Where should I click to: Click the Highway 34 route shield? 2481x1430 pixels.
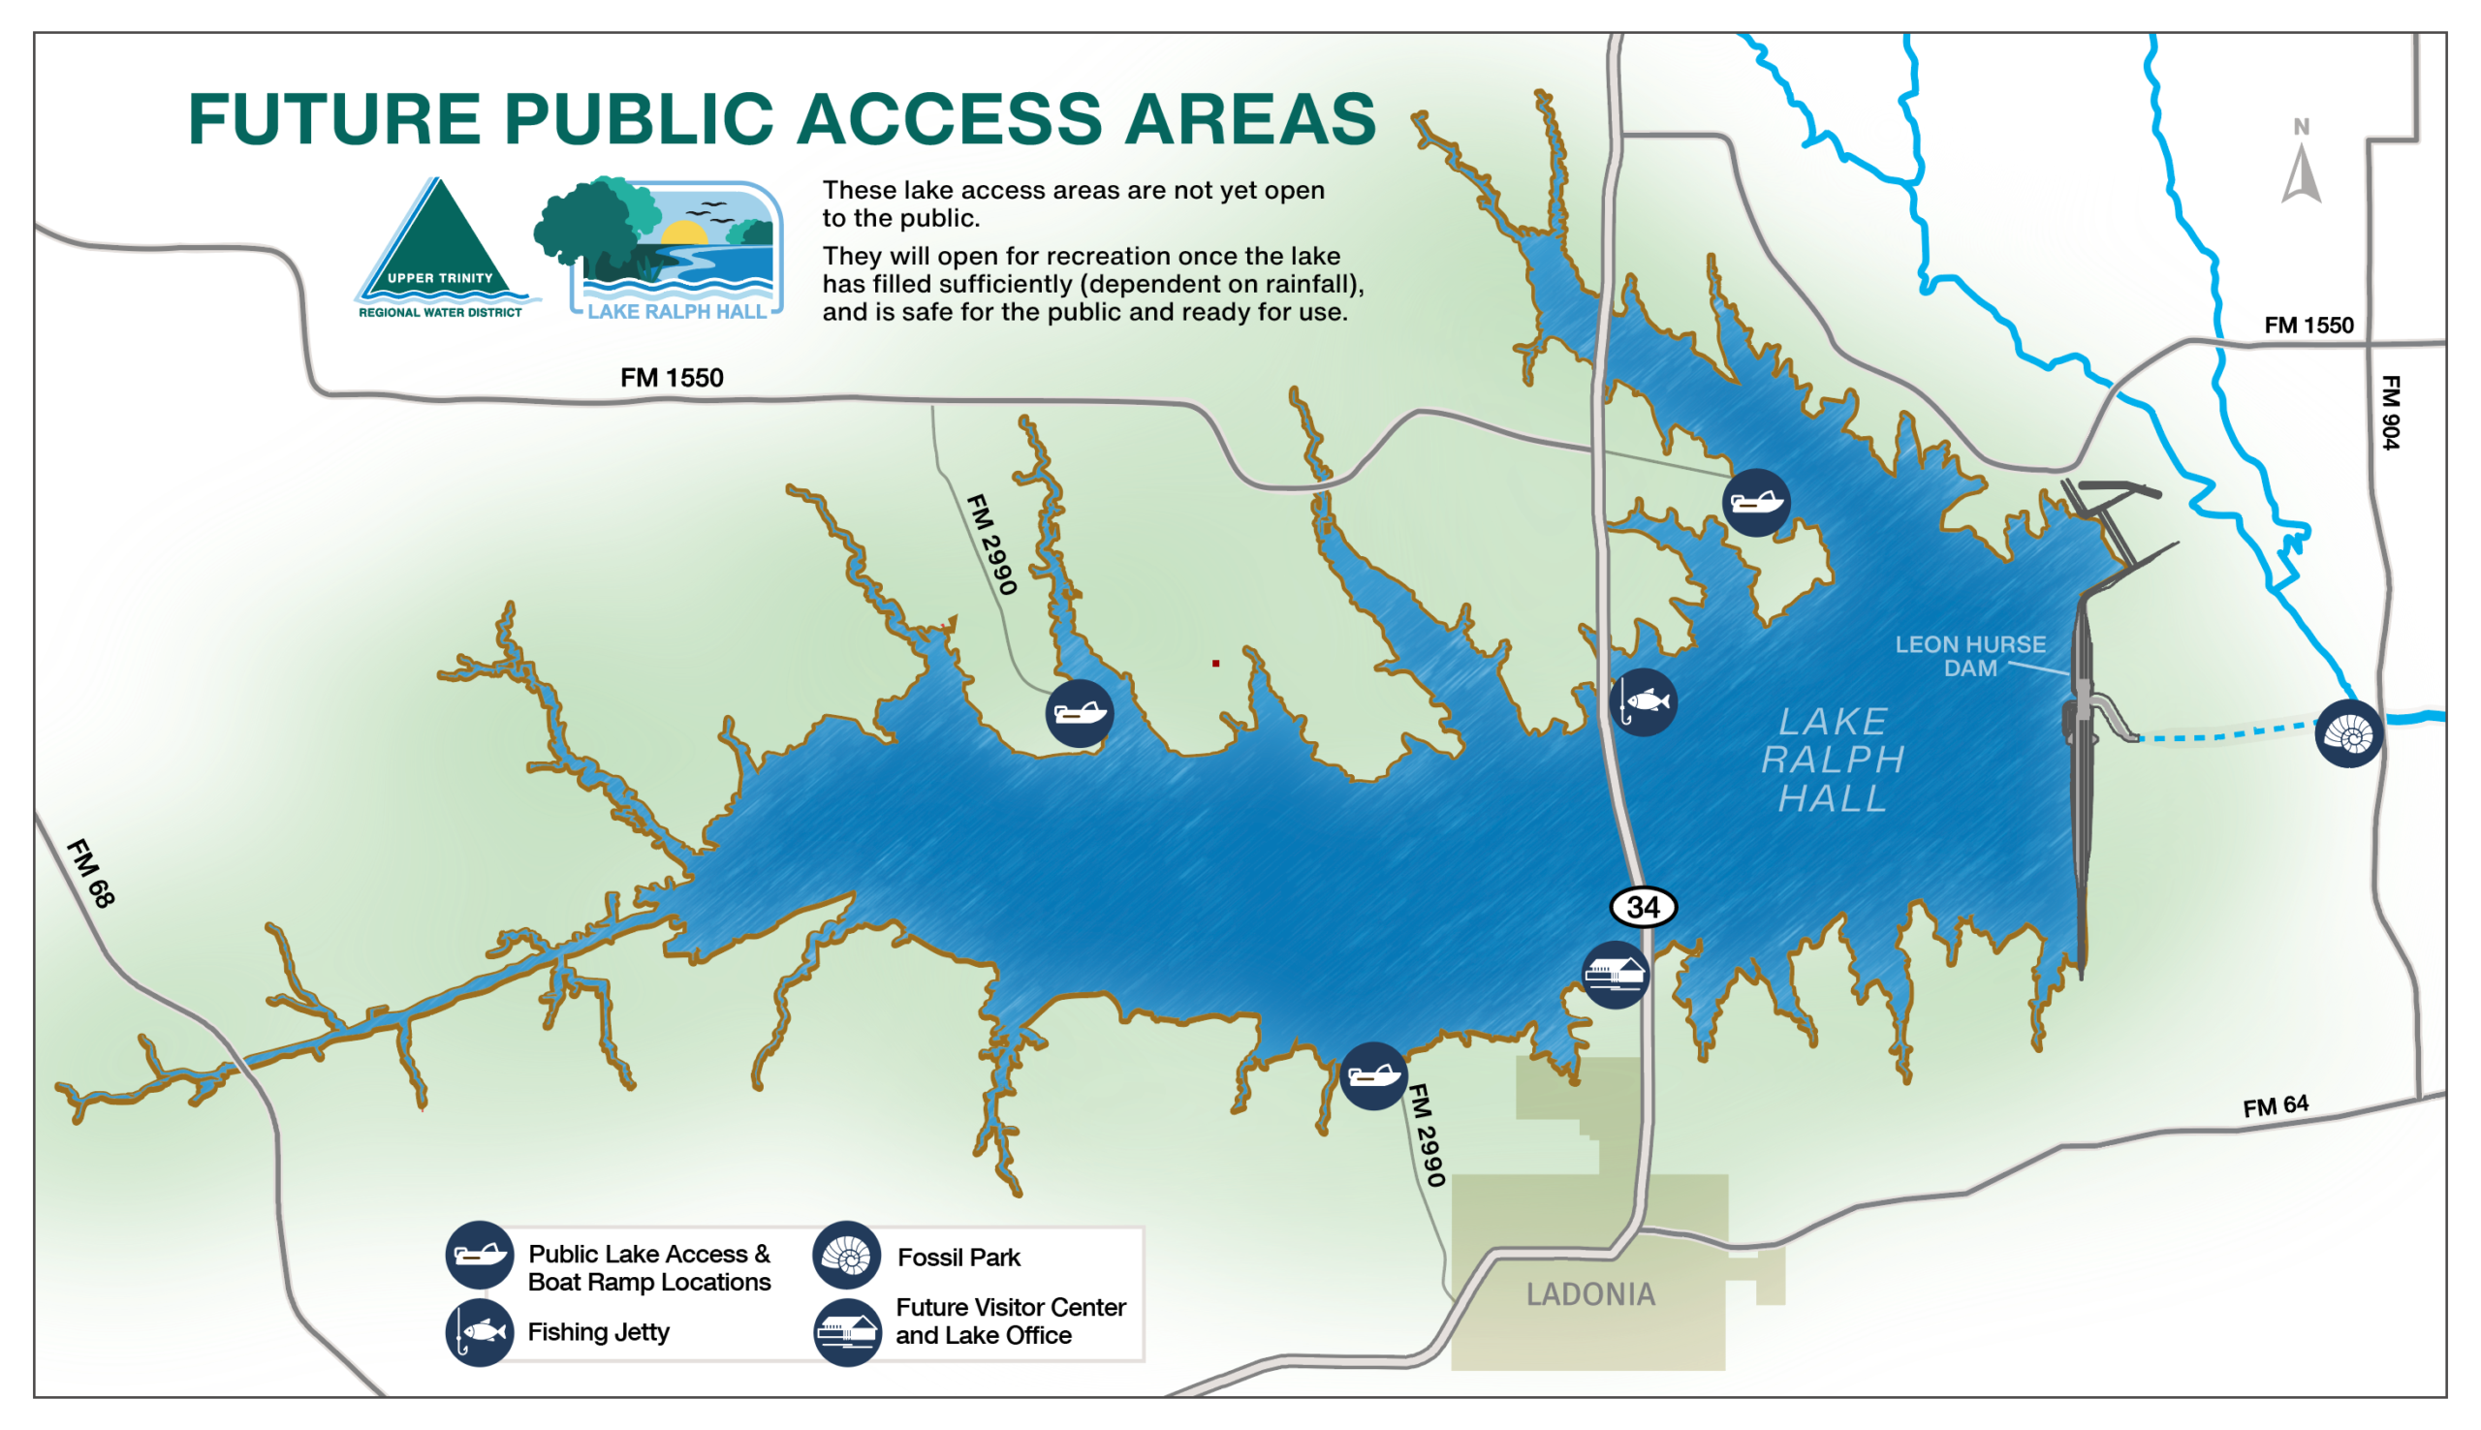click(1643, 907)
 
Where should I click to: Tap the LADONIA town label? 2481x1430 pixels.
click(1590, 1294)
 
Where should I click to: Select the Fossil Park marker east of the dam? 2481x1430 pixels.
click(2348, 733)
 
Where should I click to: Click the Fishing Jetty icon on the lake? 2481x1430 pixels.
click(1644, 702)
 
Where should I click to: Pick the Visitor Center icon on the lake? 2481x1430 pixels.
click(1615, 975)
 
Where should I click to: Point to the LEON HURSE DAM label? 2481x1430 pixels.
click(1969, 656)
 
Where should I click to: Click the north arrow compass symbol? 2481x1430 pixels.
click(2302, 167)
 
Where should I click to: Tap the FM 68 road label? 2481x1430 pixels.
click(90, 873)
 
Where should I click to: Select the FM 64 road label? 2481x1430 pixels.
click(2276, 1106)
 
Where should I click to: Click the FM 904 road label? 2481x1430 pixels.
click(2390, 413)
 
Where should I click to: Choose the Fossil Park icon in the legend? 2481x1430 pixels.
click(846, 1256)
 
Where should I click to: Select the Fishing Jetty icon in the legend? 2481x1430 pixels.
click(480, 1333)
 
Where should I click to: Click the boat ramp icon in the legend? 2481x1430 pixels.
click(480, 1256)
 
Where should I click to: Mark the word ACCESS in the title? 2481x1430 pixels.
click(950, 119)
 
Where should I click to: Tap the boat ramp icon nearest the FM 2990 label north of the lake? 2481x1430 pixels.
click(1080, 713)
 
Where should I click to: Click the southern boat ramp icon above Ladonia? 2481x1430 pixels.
click(1373, 1076)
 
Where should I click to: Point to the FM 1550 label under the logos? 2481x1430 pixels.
click(672, 378)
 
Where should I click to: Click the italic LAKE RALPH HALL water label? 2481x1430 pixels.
click(1833, 760)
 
